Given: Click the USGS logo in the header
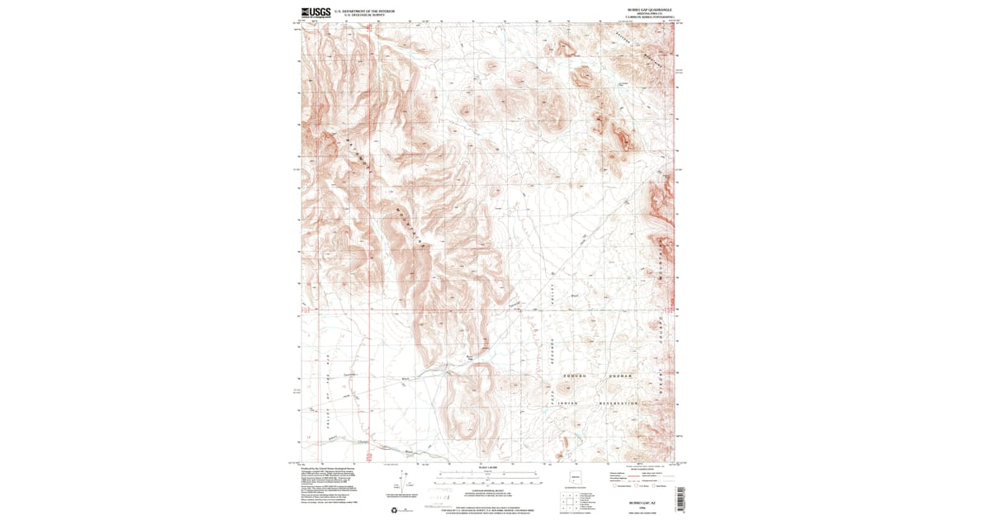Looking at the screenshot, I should (316, 12).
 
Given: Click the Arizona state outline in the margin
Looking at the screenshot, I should (575, 479).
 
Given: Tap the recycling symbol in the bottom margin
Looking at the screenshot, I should (391, 496).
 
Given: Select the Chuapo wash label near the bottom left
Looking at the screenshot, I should (363, 443).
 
